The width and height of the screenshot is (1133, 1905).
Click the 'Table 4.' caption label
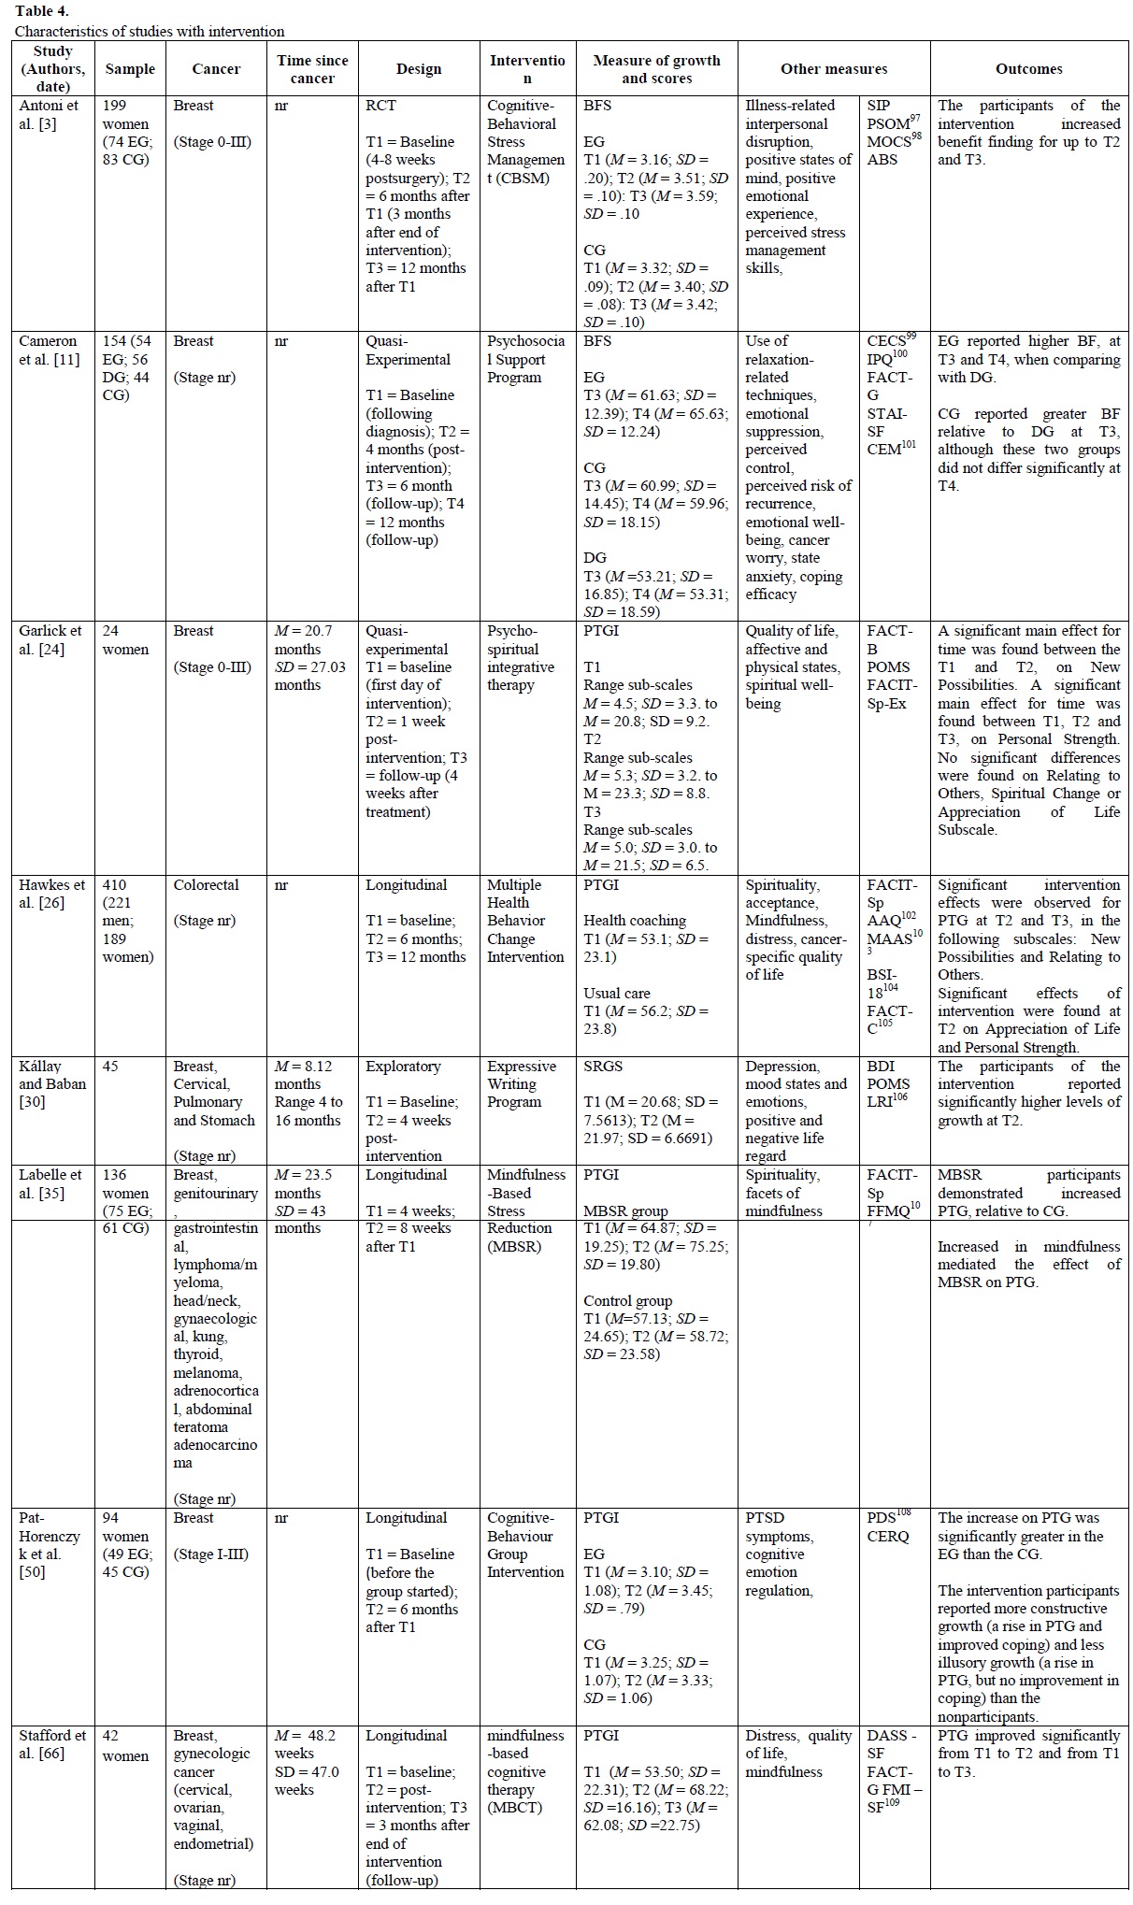(x=41, y=12)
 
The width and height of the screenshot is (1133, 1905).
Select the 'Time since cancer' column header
(x=312, y=69)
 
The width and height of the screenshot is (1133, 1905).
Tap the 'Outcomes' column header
(x=1028, y=68)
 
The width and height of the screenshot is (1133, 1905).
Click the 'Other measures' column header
(x=834, y=68)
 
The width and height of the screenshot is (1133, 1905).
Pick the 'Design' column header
(x=418, y=68)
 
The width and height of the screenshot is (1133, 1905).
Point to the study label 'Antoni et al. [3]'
(x=50, y=115)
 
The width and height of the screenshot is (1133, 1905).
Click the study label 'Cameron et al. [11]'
(x=50, y=351)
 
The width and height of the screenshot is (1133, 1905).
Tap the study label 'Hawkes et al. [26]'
(x=52, y=894)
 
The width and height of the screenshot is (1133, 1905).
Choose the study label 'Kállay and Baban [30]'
(x=52, y=1084)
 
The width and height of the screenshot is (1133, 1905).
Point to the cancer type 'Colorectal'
(x=206, y=884)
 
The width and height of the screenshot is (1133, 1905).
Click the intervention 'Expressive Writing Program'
(x=521, y=1084)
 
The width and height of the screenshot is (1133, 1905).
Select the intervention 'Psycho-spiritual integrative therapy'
(x=520, y=658)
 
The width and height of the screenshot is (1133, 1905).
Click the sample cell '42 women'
(x=125, y=1745)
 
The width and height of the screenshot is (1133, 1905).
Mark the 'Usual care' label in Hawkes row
(x=616, y=993)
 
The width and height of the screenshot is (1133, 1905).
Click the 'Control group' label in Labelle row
(x=627, y=1301)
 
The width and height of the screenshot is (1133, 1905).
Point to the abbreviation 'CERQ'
(x=887, y=1537)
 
